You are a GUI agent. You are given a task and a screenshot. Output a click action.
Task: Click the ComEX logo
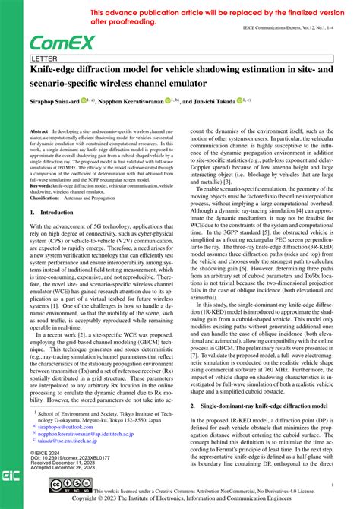click(x=62, y=43)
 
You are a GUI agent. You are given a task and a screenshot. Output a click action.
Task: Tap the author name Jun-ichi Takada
click(x=212, y=100)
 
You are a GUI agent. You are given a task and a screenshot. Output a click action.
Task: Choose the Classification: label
click(x=50, y=197)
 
